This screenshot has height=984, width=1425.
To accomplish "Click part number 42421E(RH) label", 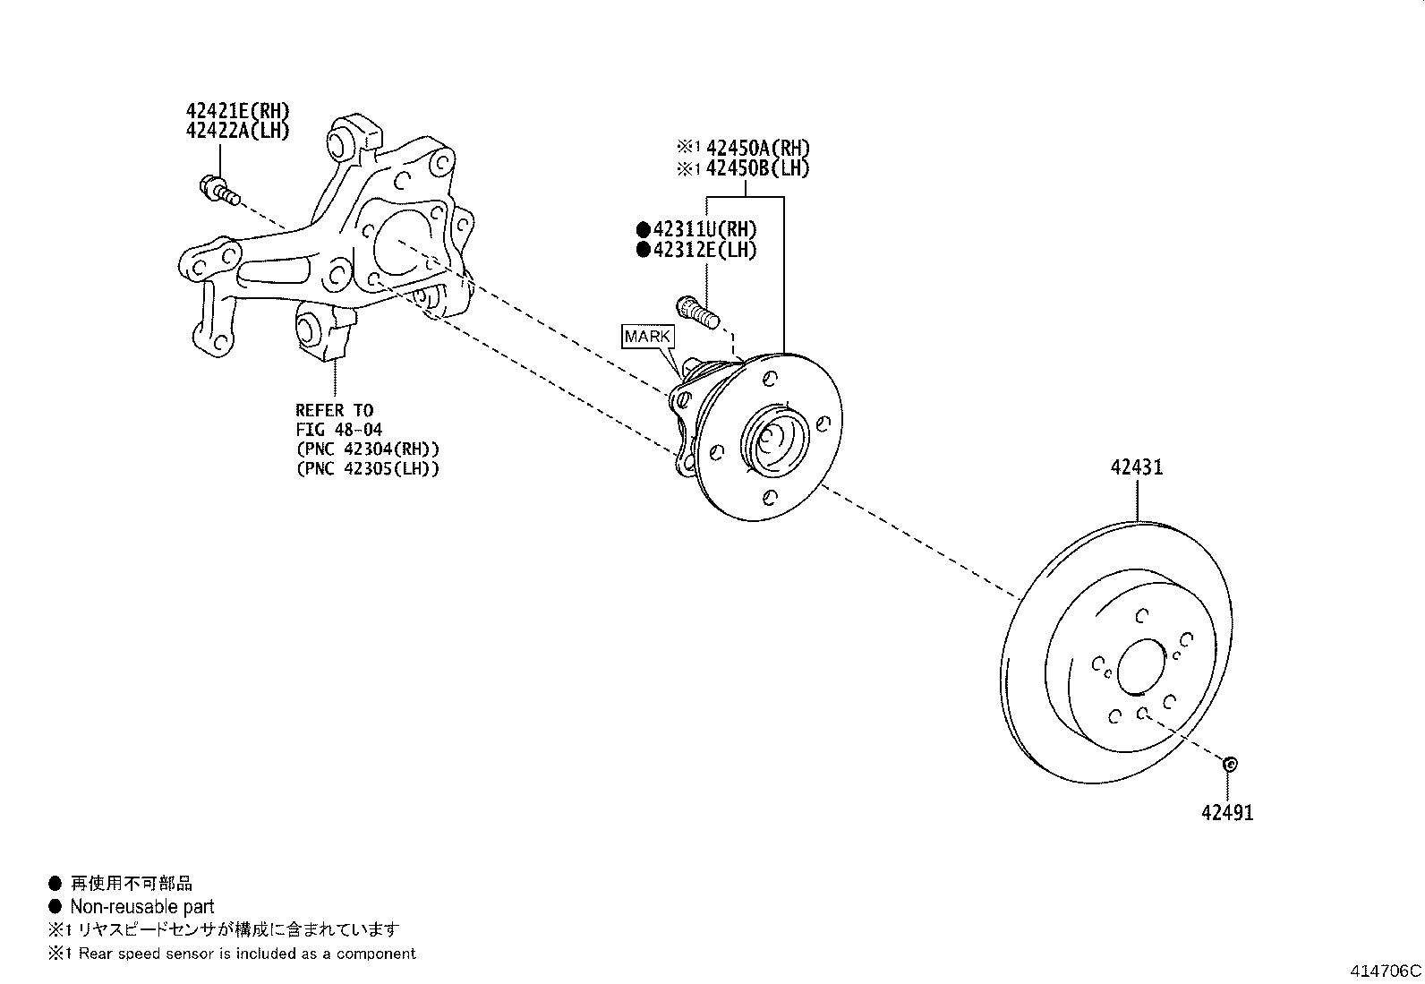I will coord(238,111).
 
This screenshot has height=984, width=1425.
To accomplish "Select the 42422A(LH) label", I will coord(238,131).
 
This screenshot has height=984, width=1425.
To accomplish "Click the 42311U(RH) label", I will coord(704,229).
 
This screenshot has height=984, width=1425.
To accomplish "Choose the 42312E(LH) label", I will coord(704,250).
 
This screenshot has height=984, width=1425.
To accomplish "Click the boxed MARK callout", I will coord(647,338).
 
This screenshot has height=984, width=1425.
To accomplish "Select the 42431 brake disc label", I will coord(1137,467).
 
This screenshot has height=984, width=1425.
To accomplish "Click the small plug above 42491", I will coord(1229,764).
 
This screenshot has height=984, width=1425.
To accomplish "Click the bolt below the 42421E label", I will coord(217,189).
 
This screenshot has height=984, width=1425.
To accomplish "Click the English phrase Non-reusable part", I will coord(141,906).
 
